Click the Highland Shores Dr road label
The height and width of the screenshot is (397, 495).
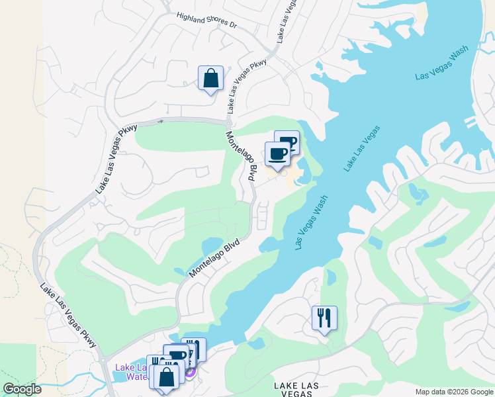point(206,20)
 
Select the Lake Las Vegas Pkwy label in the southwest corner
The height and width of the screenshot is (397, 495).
point(68,316)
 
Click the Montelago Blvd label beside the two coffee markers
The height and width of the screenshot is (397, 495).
point(241,157)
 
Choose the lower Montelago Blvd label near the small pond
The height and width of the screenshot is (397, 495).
point(213,258)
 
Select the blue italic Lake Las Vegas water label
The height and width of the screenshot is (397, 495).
point(362,149)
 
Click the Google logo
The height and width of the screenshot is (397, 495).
point(22,389)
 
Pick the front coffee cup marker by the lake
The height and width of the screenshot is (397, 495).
point(278,154)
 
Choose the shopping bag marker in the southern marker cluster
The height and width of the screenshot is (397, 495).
point(167,376)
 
